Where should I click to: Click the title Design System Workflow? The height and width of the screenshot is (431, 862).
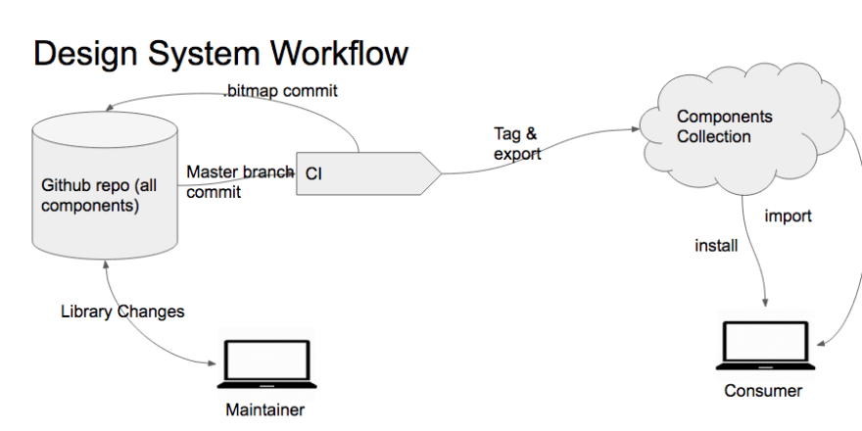pos(220,53)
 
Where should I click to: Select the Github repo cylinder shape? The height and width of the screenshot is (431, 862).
pos(105,185)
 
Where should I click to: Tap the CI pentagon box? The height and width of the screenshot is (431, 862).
pos(369,173)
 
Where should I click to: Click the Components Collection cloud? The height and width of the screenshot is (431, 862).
pos(742,129)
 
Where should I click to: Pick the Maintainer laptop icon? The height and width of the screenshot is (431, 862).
pos(267,363)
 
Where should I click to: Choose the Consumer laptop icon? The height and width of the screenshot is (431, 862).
pos(765,345)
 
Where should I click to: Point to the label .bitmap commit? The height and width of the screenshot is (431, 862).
pos(280,91)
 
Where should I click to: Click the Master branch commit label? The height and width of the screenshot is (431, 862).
pos(240,182)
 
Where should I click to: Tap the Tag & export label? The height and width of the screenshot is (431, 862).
pos(517,143)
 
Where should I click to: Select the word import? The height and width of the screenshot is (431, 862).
pos(788,216)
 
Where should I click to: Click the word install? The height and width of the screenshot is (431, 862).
pos(716,246)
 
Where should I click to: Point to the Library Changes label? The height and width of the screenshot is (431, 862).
pos(122,311)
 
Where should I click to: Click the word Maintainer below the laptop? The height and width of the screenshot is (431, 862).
pos(265,409)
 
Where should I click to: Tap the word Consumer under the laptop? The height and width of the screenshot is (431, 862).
pos(763,391)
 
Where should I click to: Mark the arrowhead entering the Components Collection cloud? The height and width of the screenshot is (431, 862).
pos(636,128)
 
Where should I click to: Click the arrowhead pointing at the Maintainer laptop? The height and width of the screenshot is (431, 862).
pos(212,362)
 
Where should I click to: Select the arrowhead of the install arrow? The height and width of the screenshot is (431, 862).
pos(765,302)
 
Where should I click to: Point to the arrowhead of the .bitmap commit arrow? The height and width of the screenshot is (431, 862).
pos(110,107)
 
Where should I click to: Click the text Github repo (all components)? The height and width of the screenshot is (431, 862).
pos(99,195)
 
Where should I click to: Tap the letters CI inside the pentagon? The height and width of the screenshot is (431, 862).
pos(313,174)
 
